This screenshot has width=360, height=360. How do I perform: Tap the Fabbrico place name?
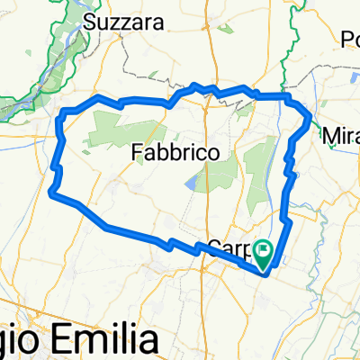click(x=175, y=154)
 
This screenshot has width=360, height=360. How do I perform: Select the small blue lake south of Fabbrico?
click(x=193, y=184)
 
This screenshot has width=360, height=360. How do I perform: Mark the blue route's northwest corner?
click(x=63, y=113)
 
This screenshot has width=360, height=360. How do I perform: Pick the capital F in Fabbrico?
click(x=137, y=154)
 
